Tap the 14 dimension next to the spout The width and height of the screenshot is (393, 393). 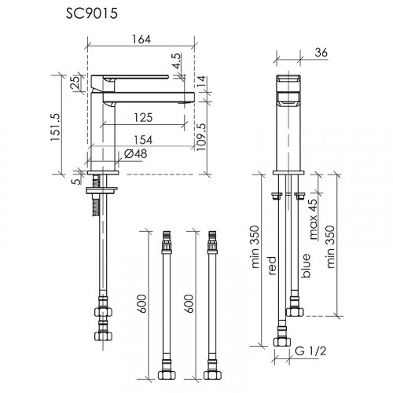pyautogui.click(x=202, y=79)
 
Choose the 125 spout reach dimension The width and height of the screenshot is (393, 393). pyautogui.click(x=142, y=117)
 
